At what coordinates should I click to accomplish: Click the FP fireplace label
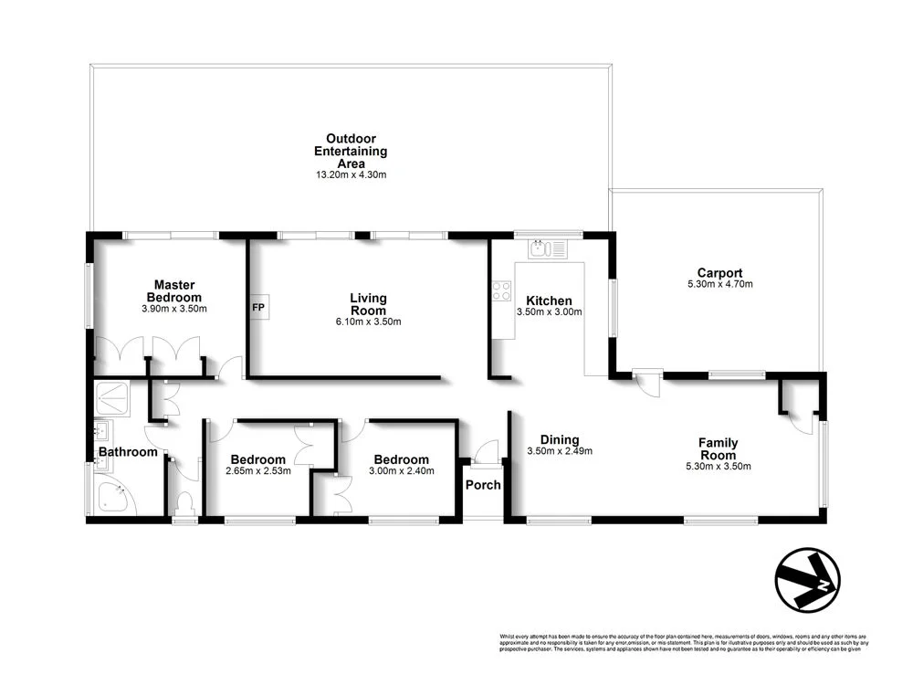coord(258,308)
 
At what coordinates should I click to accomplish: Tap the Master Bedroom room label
coord(175,291)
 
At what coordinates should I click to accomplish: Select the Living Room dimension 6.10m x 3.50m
coord(368,321)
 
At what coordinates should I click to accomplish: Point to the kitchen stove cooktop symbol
coord(502,291)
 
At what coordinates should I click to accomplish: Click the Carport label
coord(719,272)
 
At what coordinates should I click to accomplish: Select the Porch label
coord(483,485)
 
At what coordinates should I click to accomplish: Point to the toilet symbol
coord(185,503)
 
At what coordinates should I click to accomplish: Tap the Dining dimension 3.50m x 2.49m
coord(561,451)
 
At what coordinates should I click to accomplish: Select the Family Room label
coord(718,449)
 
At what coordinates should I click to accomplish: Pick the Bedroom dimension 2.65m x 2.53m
coord(258,472)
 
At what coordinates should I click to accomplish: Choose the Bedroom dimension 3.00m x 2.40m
coord(401,472)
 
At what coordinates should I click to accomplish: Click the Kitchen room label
coord(549,300)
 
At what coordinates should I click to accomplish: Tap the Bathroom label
coord(128,451)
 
